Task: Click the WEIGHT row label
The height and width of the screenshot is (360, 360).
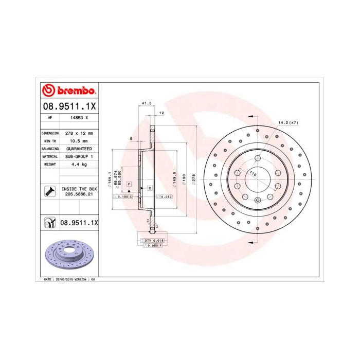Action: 49,164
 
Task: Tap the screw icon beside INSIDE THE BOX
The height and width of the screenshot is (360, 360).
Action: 49,192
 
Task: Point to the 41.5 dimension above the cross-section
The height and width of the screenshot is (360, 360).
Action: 146,103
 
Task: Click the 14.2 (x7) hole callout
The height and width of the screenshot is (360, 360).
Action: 288,122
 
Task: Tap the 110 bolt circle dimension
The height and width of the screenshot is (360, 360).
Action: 253,174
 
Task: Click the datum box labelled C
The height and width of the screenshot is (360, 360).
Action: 149,188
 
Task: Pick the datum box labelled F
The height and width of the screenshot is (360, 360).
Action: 129,184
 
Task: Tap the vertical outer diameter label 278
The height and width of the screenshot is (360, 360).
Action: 194,177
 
